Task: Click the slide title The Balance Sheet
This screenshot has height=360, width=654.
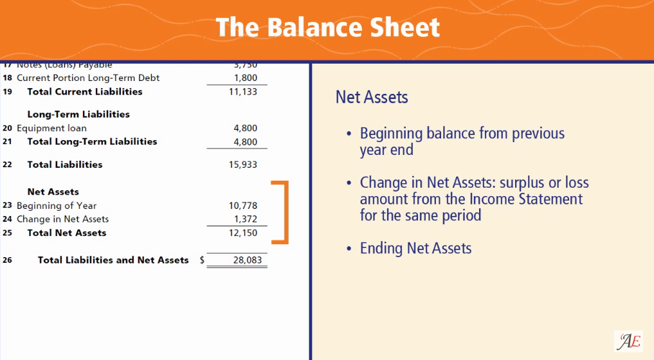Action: (327, 28)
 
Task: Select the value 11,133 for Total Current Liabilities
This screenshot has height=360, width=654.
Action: (243, 92)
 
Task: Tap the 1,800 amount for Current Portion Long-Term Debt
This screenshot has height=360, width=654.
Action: (246, 78)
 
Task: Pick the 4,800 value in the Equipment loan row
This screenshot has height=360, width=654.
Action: (246, 128)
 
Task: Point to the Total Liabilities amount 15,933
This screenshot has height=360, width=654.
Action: (243, 165)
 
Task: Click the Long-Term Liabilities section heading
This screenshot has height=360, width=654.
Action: (78, 114)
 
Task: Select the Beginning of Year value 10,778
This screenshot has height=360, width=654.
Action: (243, 206)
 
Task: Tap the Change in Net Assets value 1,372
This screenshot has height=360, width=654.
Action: (246, 219)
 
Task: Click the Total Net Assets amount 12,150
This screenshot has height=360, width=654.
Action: (243, 233)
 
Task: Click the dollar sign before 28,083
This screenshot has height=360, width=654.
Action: (202, 260)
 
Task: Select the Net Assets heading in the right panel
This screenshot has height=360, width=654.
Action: (372, 97)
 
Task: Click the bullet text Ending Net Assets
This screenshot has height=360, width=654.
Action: (415, 248)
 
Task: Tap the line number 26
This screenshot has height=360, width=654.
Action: (7, 260)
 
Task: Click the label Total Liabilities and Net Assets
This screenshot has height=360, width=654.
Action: (113, 260)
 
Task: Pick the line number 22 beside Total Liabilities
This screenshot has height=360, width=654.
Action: (7, 165)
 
